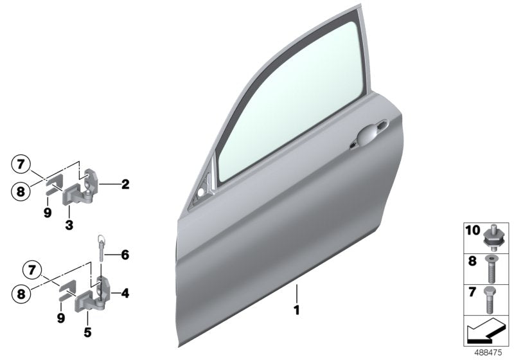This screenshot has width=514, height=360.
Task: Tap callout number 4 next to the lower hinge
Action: (x=125, y=294)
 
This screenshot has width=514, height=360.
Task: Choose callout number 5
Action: (x=86, y=333)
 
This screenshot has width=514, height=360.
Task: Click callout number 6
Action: (x=125, y=255)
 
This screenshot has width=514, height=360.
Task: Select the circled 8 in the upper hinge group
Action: (x=21, y=191)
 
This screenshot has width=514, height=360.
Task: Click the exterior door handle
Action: (x=368, y=136)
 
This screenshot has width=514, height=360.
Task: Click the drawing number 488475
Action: (x=488, y=353)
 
